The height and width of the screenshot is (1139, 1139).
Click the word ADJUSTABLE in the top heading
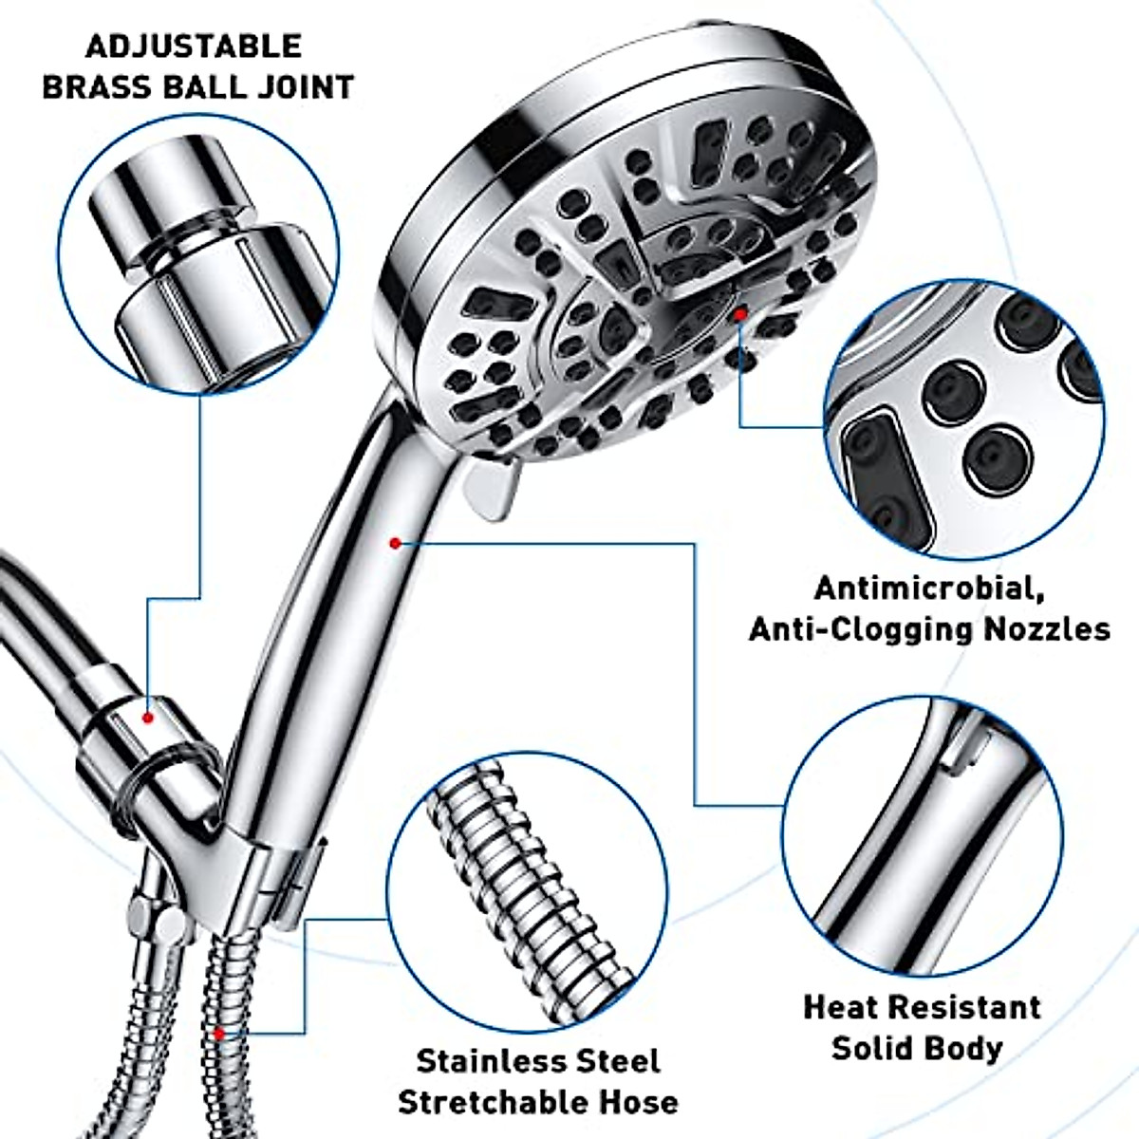click(x=195, y=46)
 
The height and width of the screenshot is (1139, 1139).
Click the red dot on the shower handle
click(x=393, y=543)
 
